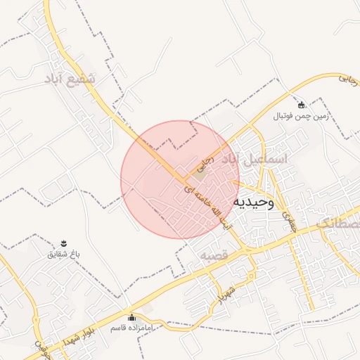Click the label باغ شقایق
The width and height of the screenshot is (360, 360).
pos(65,252)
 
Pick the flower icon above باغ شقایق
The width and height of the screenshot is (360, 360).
pos(65,242)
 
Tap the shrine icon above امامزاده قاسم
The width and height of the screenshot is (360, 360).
pos(131,317)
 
